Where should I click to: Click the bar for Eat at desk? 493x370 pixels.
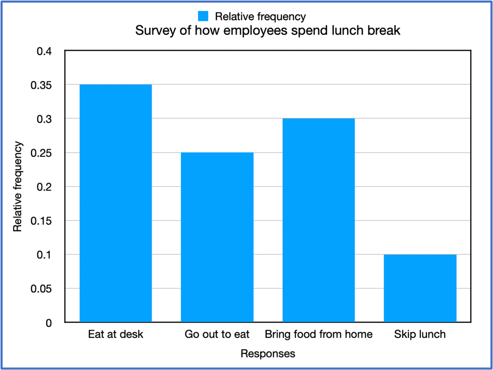115,203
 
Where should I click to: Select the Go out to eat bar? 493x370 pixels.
217,237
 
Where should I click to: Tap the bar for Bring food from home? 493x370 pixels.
318,220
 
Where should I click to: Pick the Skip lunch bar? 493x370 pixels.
420,288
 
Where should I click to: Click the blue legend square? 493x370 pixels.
203,16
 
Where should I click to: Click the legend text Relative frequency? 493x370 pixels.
261,17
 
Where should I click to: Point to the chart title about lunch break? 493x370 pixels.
268,31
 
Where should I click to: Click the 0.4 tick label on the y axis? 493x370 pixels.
44,51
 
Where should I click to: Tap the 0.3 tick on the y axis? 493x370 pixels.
44,119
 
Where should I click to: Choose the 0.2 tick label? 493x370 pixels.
44,187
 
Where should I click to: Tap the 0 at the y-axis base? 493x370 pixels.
49,323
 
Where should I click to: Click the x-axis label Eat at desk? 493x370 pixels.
115,334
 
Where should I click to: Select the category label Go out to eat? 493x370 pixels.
217,334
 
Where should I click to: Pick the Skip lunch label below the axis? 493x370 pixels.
420,334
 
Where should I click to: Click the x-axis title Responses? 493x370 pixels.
268,354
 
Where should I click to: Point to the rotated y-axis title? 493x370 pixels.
18,187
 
